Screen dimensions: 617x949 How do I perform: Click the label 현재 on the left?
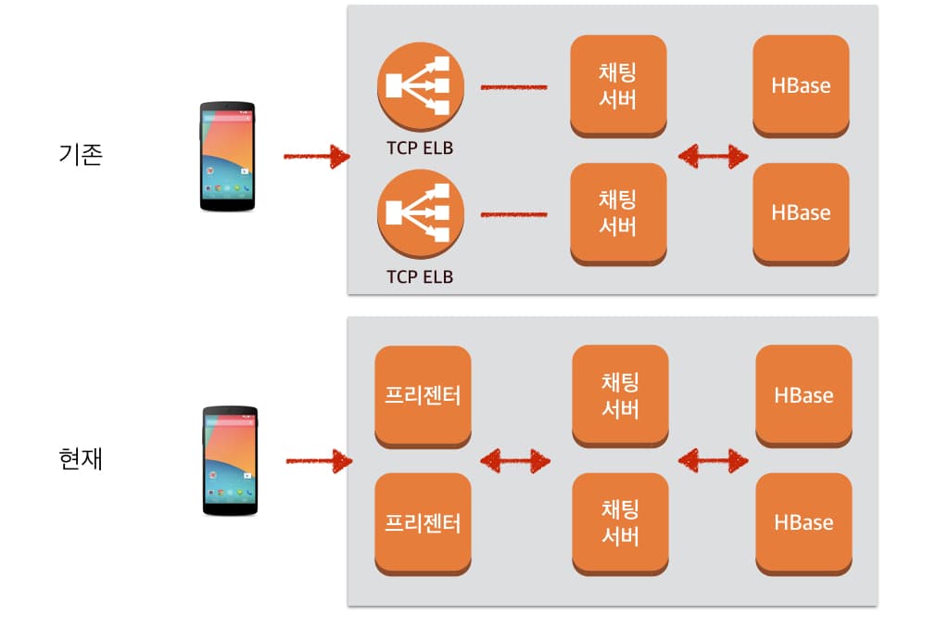80,458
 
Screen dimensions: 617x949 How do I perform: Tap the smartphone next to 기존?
227,157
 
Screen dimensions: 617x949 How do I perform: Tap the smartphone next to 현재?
230,460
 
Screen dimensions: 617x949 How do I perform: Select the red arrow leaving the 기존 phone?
316,156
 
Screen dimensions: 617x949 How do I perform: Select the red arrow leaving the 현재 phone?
319,459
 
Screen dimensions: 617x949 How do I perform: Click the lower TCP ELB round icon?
420,215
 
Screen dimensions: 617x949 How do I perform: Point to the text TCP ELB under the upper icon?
420,148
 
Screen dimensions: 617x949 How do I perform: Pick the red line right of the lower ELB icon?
514,215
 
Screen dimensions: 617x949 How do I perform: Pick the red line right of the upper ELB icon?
514,88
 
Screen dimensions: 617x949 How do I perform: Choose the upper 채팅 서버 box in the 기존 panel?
618,85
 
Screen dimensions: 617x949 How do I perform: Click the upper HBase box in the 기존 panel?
801,85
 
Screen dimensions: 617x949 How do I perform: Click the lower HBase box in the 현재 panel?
803,522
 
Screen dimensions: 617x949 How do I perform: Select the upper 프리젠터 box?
423,395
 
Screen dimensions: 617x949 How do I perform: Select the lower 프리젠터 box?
423,522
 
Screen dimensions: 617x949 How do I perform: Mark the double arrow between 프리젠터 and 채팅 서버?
515,459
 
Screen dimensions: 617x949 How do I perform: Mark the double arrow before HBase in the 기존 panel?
713,156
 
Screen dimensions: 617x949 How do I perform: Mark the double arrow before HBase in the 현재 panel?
713,459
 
